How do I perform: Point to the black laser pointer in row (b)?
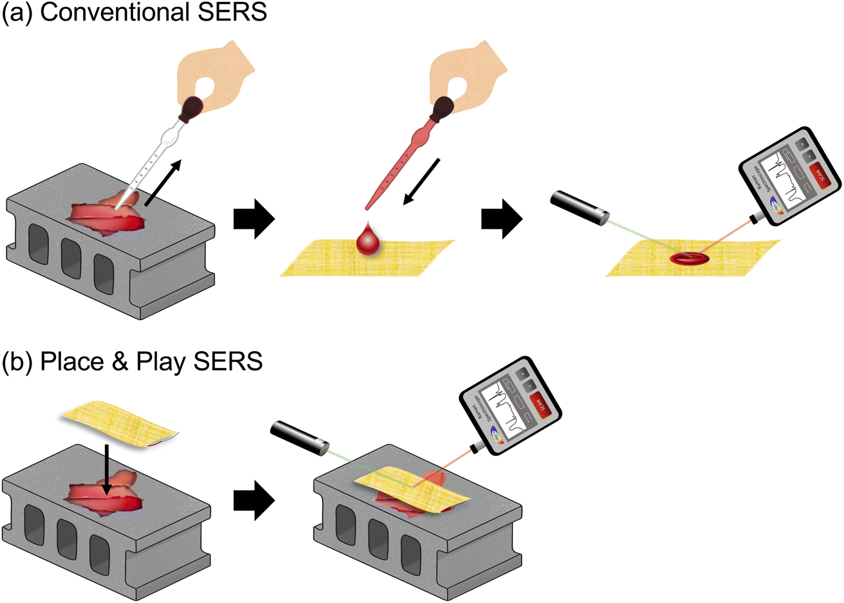(299, 439)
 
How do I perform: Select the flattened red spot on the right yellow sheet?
(689, 258)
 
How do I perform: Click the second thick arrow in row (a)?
(502, 220)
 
